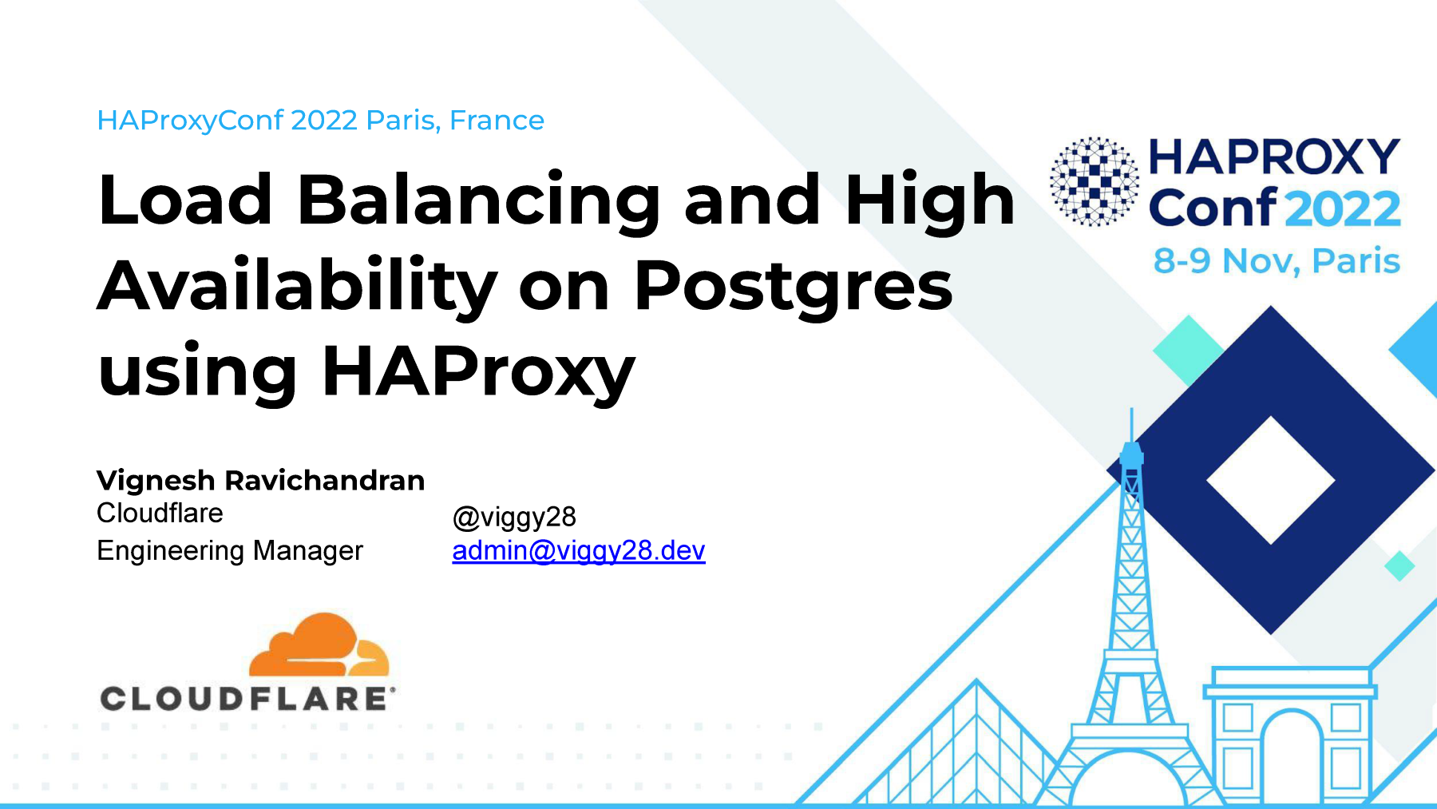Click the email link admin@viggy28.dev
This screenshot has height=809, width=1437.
tap(579, 551)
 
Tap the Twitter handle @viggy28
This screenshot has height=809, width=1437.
tap(514, 518)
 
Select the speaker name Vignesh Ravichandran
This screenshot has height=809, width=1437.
tap(260, 481)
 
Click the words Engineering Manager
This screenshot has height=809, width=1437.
tap(230, 551)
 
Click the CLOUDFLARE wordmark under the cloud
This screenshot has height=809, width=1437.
tap(247, 699)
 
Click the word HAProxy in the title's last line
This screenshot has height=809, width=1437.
tap(478, 373)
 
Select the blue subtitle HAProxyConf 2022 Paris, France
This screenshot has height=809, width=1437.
tap(320, 121)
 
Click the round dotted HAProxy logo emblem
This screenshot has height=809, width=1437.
tap(1095, 181)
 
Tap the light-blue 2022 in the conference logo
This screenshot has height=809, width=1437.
tap(1343, 209)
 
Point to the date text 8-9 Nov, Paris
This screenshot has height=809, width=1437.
tap(1277, 261)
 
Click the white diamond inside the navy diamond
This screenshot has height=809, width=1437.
tap(1271, 481)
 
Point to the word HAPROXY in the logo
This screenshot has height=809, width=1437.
tap(1274, 157)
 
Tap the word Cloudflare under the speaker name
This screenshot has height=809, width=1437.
tap(160, 514)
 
